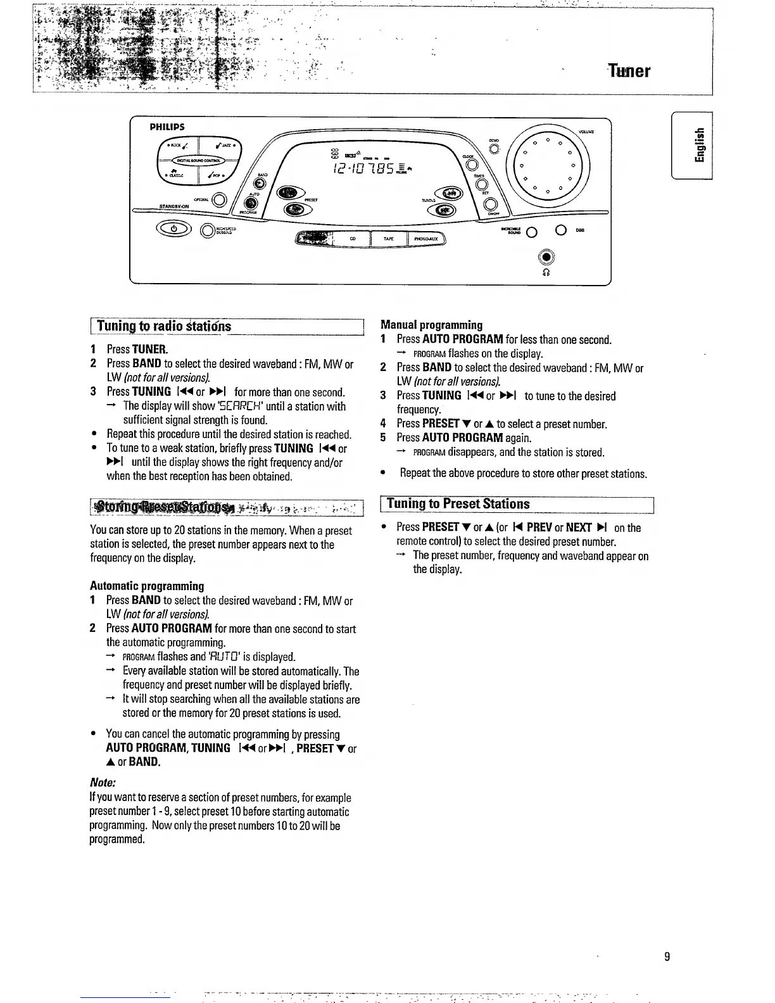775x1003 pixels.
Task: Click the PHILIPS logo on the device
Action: point(167,127)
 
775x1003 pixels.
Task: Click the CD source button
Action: point(352,239)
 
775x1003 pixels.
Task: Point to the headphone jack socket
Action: point(546,257)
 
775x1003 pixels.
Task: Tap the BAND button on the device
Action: point(265,184)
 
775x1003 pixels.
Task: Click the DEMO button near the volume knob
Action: point(495,149)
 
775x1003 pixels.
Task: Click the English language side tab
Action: point(698,145)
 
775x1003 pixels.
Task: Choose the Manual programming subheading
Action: point(431,325)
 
